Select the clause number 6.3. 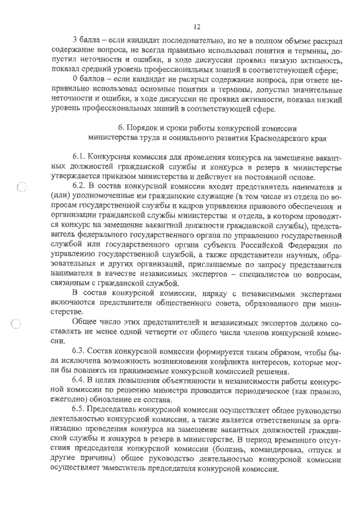(x=79, y=351)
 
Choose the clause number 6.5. (x=79, y=408)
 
